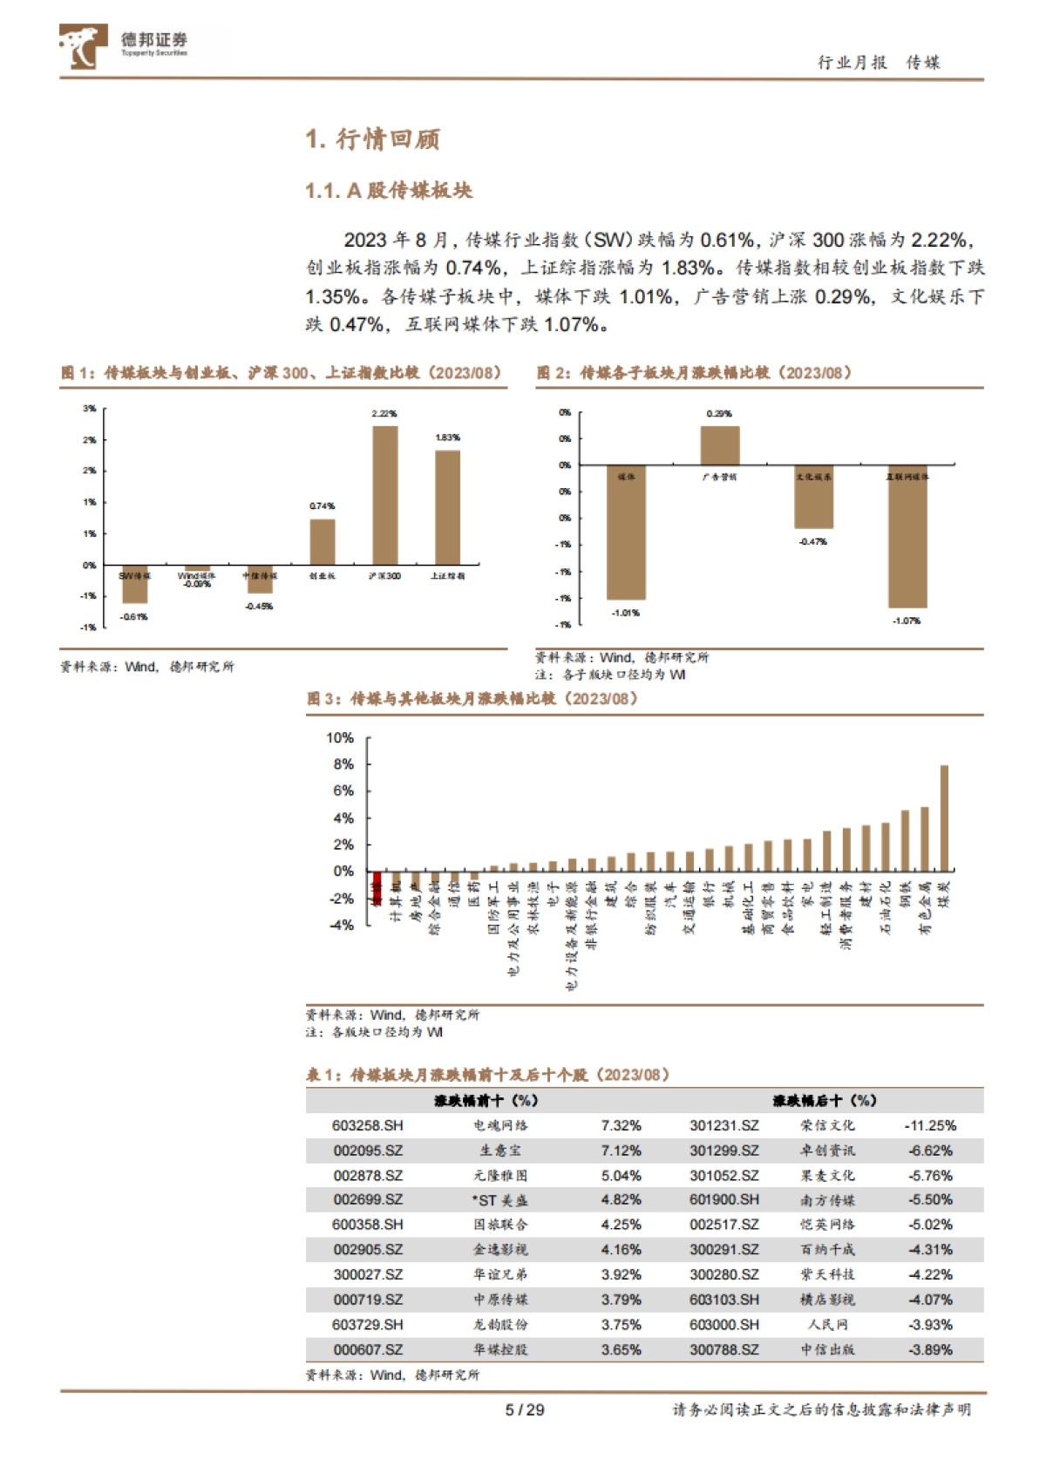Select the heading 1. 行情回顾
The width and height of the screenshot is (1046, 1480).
coord(372,139)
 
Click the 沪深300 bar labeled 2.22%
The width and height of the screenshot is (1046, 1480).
coord(384,494)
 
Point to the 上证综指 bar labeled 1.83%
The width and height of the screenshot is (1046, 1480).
coord(447,506)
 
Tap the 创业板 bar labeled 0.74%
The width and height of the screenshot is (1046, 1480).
coord(323,541)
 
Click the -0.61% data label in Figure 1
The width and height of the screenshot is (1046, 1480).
coord(134,617)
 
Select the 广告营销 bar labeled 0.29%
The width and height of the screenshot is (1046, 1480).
coord(719,445)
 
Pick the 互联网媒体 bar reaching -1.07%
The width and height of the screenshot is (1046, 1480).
coord(907,536)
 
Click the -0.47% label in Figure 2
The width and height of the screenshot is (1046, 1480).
coord(812,542)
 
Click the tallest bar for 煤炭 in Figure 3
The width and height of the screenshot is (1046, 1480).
coord(943,818)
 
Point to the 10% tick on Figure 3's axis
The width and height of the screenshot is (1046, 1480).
coord(340,738)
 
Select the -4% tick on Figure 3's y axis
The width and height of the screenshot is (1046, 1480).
coord(341,925)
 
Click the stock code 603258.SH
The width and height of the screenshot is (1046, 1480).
coord(368,1126)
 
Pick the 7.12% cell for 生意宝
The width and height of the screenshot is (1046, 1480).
coord(621,1151)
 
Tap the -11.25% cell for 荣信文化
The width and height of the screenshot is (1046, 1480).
coord(930,1126)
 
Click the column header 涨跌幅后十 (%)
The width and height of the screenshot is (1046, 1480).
coord(824,1101)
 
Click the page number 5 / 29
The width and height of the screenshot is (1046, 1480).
coord(524,1410)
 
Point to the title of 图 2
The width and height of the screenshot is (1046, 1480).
coord(694,373)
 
